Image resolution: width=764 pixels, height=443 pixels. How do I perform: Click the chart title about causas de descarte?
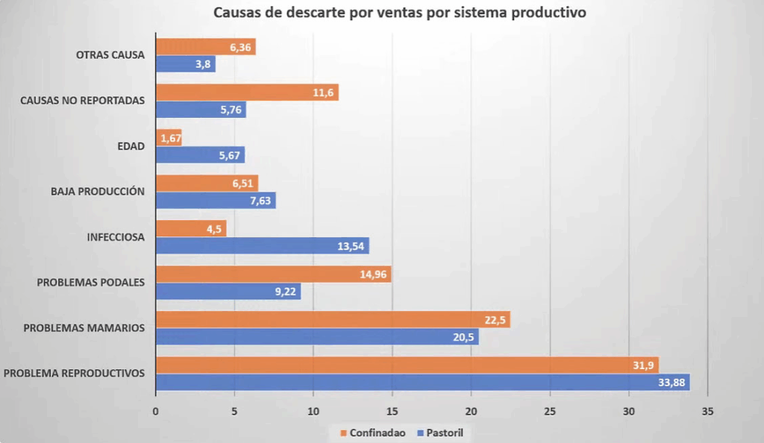coord(399,13)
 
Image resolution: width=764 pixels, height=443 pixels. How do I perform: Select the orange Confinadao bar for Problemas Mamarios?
coord(333,319)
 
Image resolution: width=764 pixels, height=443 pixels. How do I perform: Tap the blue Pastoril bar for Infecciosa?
coord(262,245)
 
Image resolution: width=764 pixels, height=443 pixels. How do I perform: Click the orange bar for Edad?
coord(169,138)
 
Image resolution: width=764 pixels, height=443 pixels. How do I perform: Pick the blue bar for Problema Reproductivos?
coord(422,382)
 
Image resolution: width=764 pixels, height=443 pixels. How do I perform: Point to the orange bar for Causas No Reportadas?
coord(247,92)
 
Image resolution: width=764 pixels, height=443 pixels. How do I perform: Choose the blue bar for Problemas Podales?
coord(228,292)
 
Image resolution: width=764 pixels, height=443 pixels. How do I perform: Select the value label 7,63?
coord(261,201)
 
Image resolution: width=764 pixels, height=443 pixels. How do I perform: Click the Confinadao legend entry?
coord(373,433)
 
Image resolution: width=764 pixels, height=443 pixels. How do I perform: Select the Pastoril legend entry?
coord(445,433)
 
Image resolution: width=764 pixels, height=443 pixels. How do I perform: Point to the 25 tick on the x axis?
coord(550,411)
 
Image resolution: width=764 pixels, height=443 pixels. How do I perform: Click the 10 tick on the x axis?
coord(313,411)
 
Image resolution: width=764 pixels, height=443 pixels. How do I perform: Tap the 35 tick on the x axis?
coord(707,411)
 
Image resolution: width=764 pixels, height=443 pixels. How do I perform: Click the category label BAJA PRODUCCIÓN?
coord(98,191)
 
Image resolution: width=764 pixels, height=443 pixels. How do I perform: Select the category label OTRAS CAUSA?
coord(110,54)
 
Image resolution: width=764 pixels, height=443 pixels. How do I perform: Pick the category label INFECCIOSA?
coord(116,237)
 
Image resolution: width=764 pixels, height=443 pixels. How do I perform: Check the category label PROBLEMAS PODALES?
coord(90,282)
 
